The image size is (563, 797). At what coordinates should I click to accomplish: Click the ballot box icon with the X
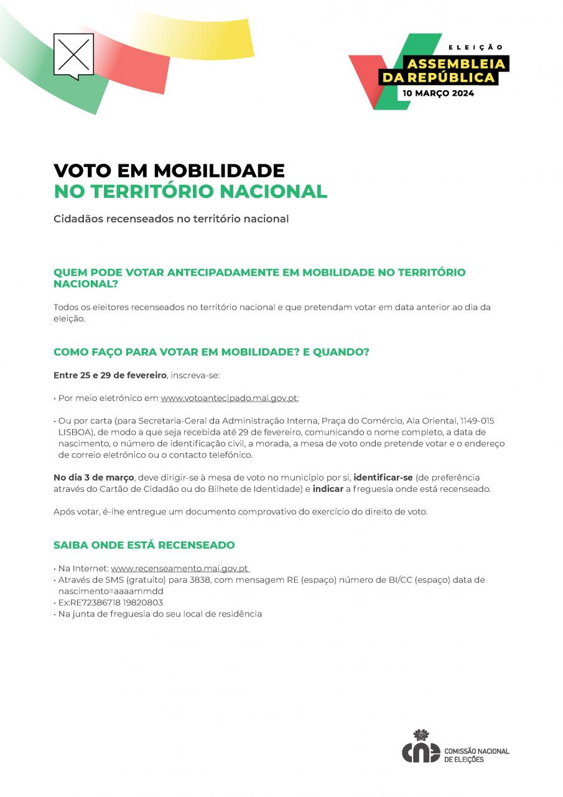coord(73,55)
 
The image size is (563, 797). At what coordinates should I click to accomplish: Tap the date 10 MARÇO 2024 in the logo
coord(438,93)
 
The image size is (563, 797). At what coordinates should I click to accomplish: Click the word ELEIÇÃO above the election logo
coord(476,47)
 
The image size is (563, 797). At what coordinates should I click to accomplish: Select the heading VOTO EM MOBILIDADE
coord(169,170)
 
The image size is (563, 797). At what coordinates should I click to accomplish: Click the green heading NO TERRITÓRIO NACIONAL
coord(190,191)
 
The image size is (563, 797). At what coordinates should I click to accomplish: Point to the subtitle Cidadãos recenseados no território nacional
coord(171,219)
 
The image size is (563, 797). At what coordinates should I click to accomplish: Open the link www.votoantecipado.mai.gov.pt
coord(229,398)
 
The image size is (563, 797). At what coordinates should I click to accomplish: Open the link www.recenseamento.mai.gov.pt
coord(180,568)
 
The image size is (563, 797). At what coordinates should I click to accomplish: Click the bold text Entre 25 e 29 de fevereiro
coord(110,375)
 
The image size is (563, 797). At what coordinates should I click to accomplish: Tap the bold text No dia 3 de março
coord(93,478)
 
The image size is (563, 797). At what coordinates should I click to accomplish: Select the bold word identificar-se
coord(383,478)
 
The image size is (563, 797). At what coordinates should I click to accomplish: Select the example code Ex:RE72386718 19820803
coord(111,602)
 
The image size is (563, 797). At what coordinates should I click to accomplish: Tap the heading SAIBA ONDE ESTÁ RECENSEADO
coord(144,545)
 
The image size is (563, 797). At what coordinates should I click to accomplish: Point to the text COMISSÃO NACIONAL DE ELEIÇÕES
coord(477,755)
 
